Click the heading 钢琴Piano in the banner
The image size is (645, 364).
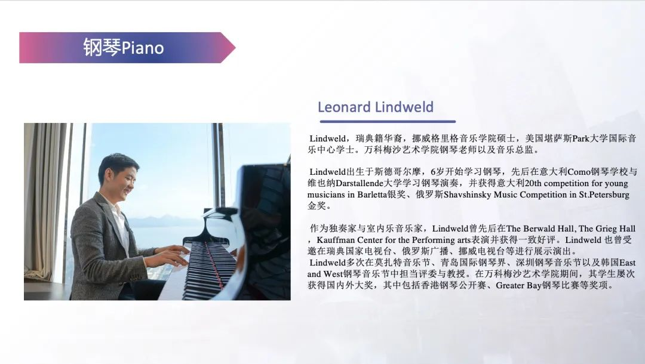(x=124, y=47)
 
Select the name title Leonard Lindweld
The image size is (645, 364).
(x=375, y=107)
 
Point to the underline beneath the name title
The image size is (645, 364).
(x=387, y=121)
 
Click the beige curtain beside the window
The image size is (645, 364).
(x=45, y=197)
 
